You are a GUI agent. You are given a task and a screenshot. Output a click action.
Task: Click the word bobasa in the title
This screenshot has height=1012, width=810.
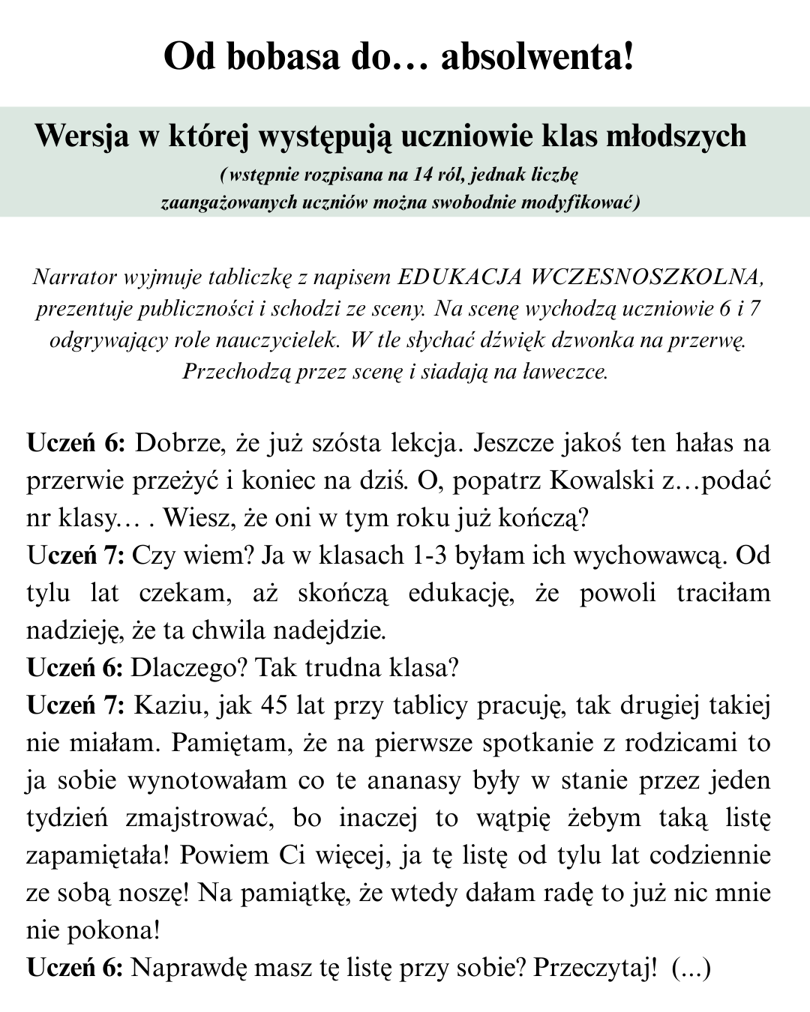click(x=279, y=57)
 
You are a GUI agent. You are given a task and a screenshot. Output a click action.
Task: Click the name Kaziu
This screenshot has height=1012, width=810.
click(x=163, y=705)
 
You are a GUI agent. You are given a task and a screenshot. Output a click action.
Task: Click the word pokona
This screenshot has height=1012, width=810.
click(x=114, y=930)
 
